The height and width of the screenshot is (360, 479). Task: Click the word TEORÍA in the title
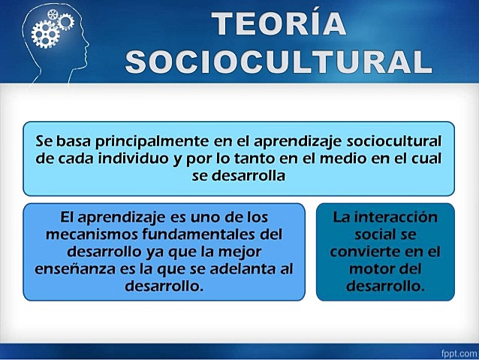tap(279, 24)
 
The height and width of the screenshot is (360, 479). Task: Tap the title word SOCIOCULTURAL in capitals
tap(279, 62)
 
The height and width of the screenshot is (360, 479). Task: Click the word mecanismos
tap(83, 234)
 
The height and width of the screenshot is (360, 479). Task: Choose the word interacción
tap(385, 217)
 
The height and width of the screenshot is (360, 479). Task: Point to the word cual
tap(426, 159)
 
